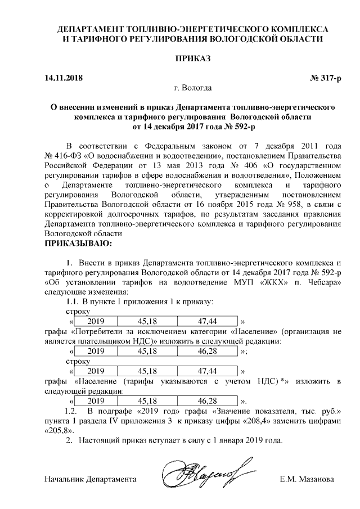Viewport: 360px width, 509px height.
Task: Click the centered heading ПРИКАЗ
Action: pos(193,58)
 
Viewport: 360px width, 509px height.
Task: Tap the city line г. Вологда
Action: pos(193,88)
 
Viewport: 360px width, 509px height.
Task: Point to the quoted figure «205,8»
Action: pos(59,430)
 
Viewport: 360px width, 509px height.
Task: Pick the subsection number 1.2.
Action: pos(74,411)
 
